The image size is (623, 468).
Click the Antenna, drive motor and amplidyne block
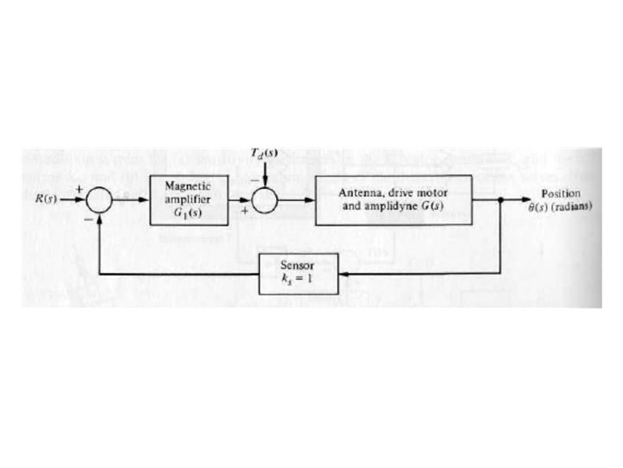(x=393, y=200)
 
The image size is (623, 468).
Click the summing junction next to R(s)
(x=101, y=201)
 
